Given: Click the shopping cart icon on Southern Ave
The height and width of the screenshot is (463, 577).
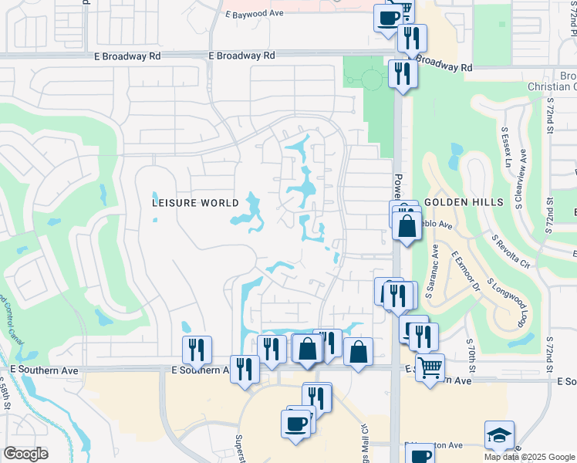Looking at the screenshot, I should tap(430, 367).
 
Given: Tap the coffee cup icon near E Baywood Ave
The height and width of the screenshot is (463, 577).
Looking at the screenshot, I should tap(388, 18).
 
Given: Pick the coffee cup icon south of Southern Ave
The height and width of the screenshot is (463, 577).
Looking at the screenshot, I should tap(296, 424).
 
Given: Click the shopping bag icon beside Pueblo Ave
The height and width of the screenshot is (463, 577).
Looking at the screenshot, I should tap(407, 227).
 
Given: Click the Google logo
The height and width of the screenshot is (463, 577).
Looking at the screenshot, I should tap(25, 454).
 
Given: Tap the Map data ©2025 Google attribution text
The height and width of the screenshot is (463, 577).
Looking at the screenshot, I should tap(528, 457).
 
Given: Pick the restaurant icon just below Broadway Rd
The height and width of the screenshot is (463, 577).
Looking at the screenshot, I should tap(402, 74).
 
